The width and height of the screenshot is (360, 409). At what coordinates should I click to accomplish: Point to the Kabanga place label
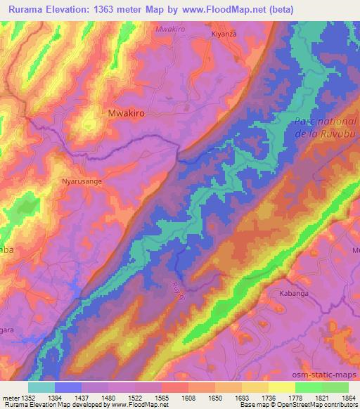pyautogui.click(x=294, y=293)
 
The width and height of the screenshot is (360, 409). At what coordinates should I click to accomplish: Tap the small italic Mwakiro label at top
pyautogui.click(x=171, y=30)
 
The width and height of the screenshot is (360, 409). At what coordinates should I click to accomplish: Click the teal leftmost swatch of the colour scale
pyautogui.click(x=41, y=387)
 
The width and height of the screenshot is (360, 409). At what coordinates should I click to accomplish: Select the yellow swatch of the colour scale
pyautogui.click(x=281, y=387)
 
